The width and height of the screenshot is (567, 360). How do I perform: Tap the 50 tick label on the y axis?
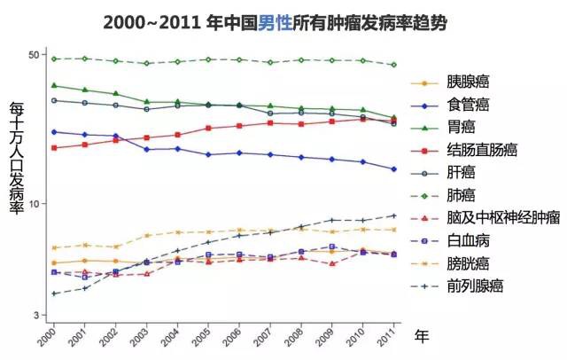(x=35, y=55)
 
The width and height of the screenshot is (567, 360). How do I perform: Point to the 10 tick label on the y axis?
(x=35, y=204)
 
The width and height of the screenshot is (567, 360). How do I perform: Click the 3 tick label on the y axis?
(x=38, y=316)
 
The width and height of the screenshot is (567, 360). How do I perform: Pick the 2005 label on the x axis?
(x=204, y=336)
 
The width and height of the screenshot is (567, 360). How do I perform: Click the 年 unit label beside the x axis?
(x=422, y=335)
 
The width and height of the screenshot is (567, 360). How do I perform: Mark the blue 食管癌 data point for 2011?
(x=393, y=169)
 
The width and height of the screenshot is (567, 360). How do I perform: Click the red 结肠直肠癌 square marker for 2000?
(x=53, y=147)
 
